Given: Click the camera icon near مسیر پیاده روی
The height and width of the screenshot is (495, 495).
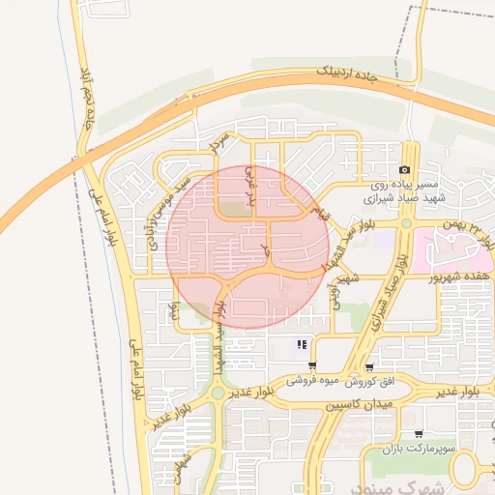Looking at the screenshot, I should [404, 169].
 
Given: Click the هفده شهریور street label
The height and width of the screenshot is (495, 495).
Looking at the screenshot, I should [458, 277].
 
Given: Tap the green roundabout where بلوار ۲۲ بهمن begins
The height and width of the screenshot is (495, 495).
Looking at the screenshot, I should [407, 223].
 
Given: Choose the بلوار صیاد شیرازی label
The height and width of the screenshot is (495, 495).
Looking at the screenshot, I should [387, 289].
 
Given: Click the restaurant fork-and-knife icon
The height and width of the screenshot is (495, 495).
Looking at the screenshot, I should [303, 344].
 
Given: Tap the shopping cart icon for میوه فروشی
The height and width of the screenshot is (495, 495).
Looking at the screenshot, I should [311, 365].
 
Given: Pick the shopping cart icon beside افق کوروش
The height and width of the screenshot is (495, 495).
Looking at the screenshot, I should [370, 366].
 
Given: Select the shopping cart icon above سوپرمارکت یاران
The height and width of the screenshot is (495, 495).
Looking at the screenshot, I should [418, 434].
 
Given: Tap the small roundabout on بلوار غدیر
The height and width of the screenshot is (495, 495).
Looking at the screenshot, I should [218, 393].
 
